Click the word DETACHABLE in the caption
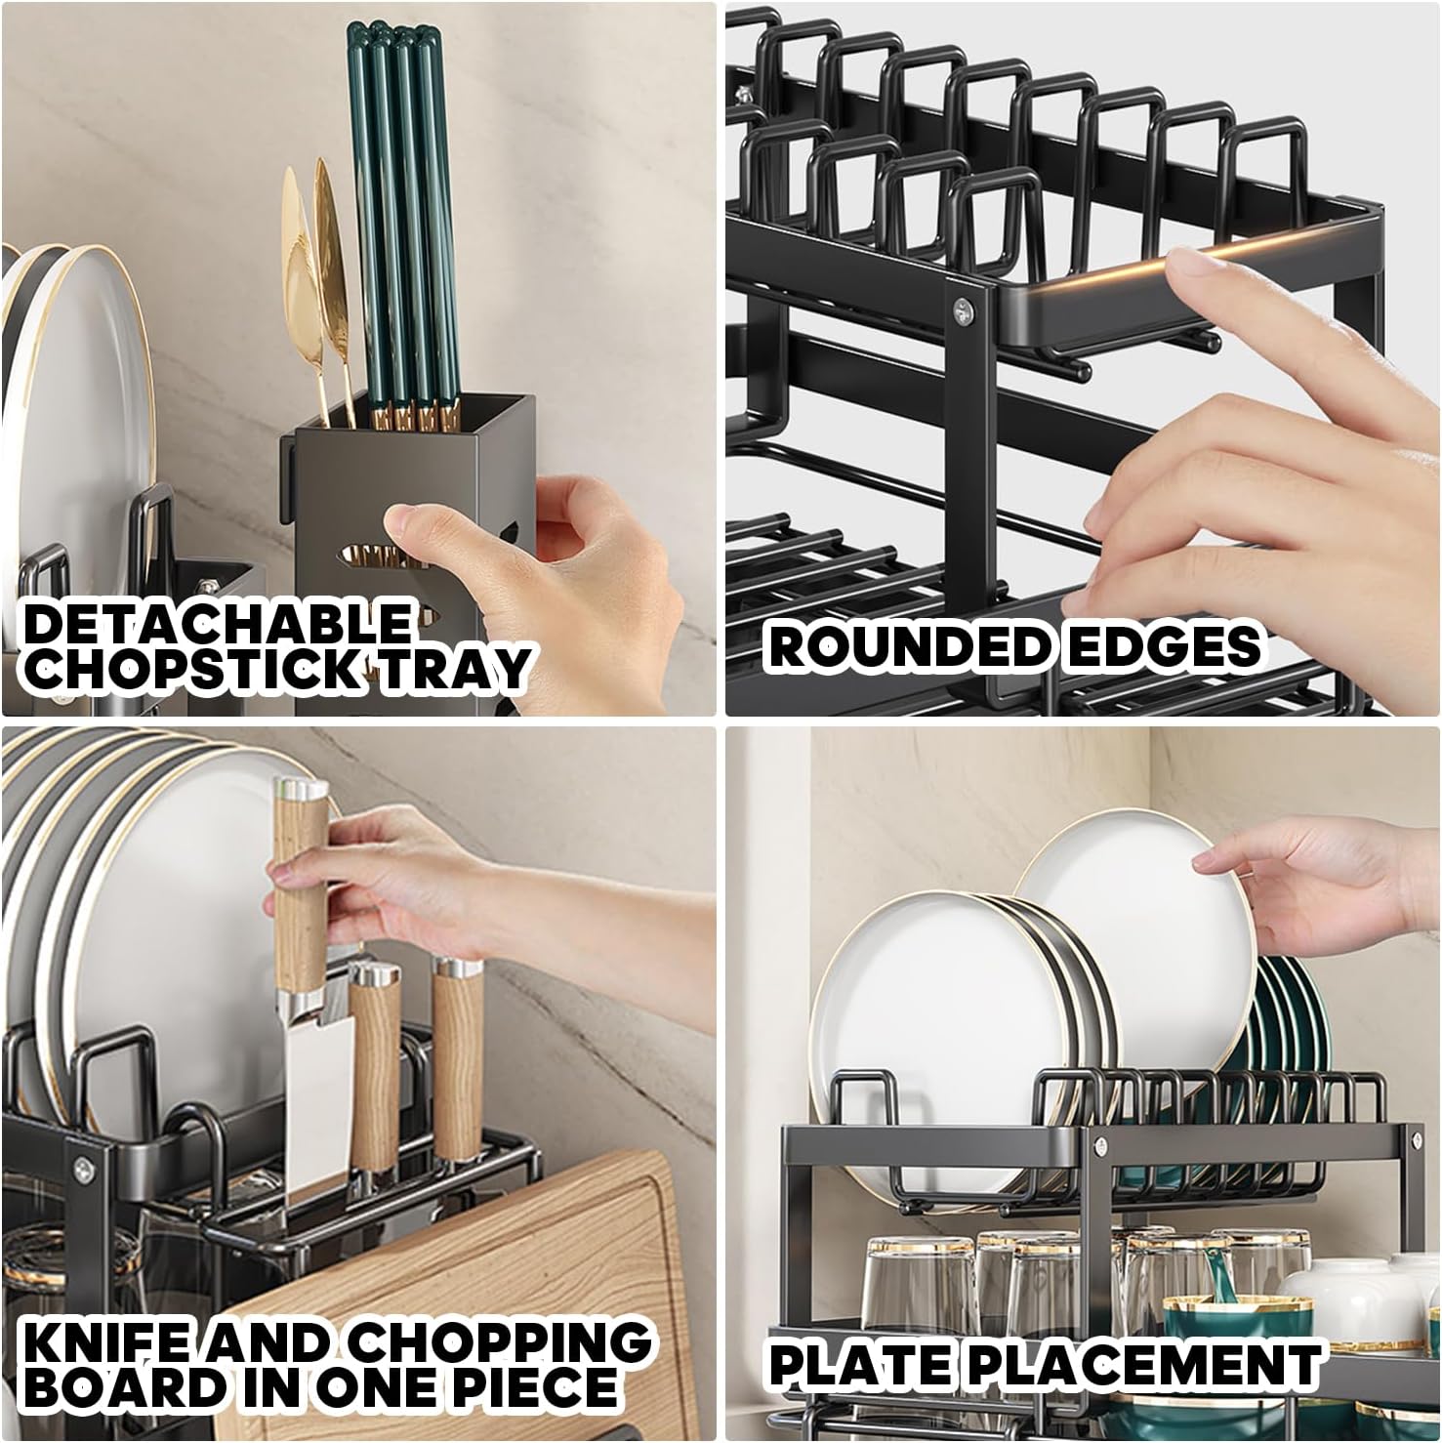(217, 622)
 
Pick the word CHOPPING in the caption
(501, 1342)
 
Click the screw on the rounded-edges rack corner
(963, 309)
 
